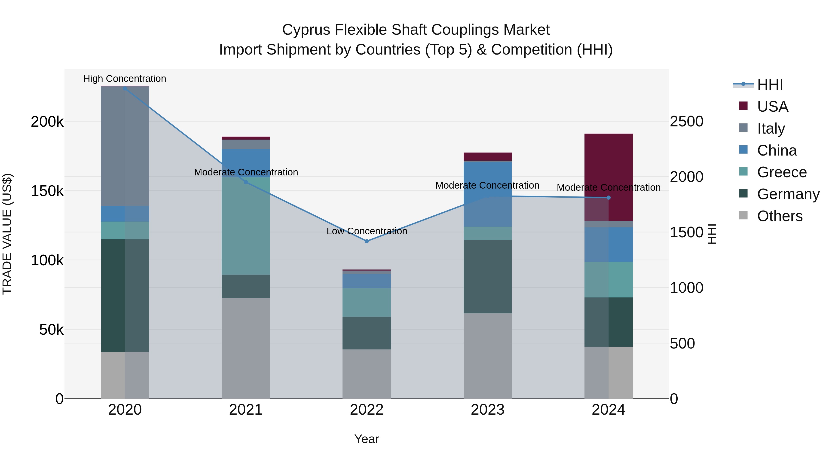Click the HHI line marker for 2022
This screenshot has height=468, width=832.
point(367,241)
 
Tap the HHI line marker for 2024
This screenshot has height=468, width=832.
point(609,198)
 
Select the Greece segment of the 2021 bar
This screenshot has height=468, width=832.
point(245,226)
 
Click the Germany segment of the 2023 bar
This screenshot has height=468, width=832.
point(487,276)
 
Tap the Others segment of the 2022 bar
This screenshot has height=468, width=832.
point(367,374)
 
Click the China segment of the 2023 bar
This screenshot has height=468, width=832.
point(487,194)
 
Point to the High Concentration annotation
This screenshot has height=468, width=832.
point(125,79)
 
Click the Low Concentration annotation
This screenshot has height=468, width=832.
point(367,231)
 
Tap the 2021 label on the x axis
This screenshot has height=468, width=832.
point(245,410)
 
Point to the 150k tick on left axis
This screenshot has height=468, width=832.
point(47,191)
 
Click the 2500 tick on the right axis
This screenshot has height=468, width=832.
point(686,121)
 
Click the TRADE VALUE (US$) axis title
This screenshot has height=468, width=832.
point(7,234)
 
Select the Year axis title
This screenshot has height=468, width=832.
point(367,439)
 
